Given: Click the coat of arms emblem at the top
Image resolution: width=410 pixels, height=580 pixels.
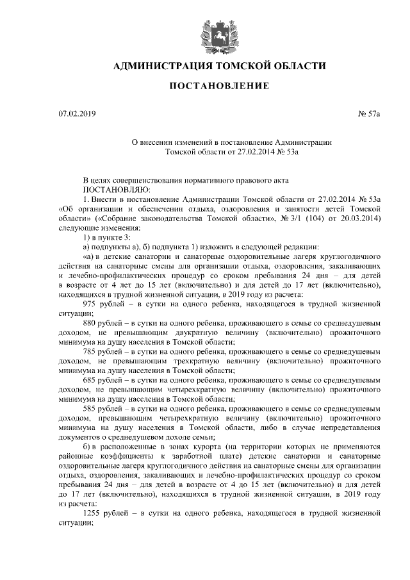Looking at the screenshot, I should (215, 33).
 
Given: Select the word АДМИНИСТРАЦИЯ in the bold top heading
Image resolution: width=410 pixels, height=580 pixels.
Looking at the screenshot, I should (158, 66).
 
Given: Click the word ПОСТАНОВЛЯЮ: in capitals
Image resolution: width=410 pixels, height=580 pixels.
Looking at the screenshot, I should (116, 190).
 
